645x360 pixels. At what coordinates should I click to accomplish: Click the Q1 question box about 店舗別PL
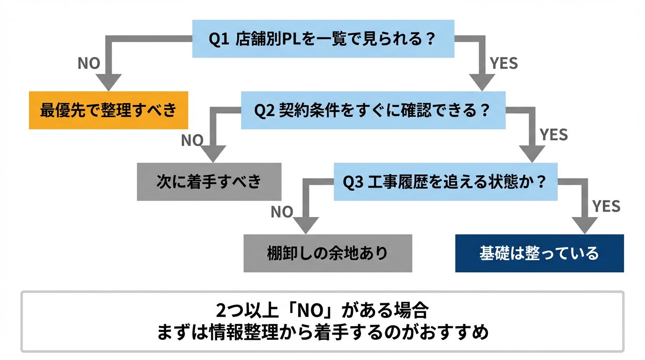(323, 38)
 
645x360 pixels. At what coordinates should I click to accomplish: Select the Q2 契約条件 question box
(373, 110)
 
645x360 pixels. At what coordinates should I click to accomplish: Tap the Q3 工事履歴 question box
(445, 181)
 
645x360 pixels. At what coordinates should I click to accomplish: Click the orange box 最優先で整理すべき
(108, 110)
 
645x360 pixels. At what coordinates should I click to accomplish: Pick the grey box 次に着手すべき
(209, 181)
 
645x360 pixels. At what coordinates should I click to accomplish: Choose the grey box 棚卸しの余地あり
(328, 253)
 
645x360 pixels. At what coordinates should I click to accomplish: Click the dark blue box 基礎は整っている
(539, 253)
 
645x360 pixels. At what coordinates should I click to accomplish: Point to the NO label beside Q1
(89, 63)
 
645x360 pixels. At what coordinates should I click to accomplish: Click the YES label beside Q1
(503, 63)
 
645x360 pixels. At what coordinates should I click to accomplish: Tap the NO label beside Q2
(192, 140)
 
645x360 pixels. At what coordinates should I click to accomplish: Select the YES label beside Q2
(554, 135)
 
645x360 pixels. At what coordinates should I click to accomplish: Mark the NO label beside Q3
(282, 212)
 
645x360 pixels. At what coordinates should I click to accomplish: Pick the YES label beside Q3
(606, 206)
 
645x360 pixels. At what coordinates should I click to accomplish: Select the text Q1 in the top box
(218, 38)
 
